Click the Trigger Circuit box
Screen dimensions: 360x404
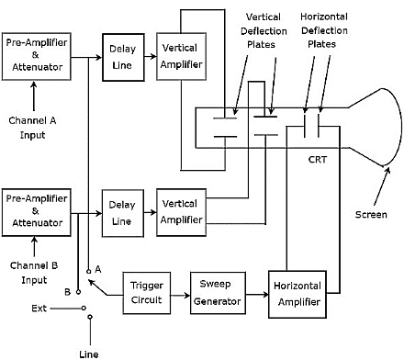coord(147,293)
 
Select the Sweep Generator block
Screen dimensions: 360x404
coord(216,293)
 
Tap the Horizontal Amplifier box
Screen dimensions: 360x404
coord(296,293)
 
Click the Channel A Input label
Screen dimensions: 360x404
coord(34,128)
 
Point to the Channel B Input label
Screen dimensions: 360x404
coord(34,273)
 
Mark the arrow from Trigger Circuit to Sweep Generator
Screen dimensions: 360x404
coord(180,293)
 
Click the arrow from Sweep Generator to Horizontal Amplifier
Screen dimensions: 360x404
coord(256,293)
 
